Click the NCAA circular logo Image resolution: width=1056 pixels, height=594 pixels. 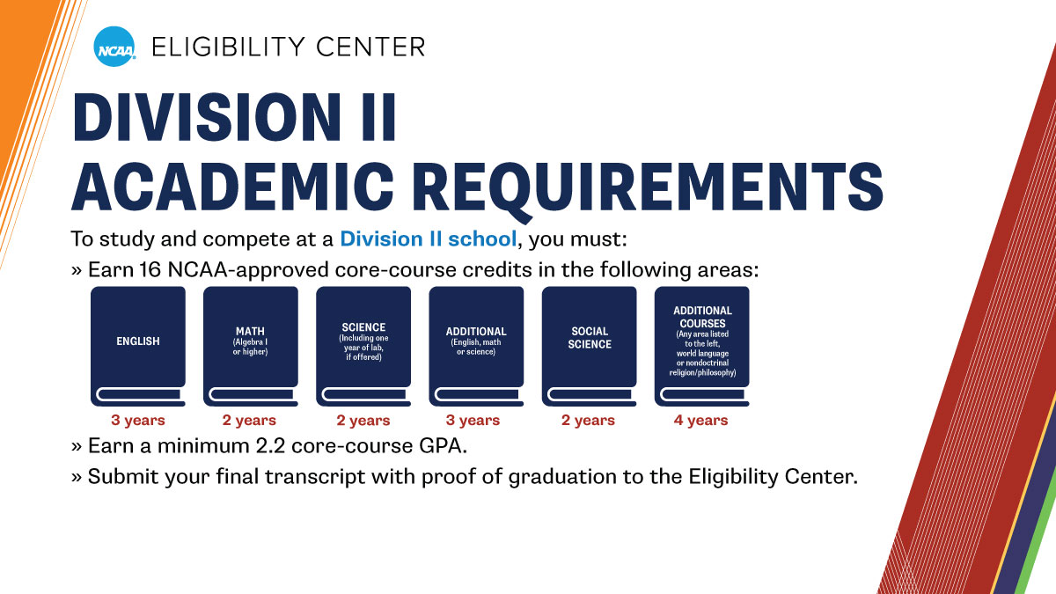pos(114,46)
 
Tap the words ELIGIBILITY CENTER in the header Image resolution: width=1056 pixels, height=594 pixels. pos(288,46)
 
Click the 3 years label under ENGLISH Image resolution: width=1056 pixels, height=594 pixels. pos(138,421)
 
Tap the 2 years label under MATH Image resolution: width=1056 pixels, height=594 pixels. pos(250,421)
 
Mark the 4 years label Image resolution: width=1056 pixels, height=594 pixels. pos(701,421)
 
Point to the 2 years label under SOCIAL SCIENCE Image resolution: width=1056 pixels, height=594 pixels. pos(589,421)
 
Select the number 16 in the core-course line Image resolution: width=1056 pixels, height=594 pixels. pos(149,270)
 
